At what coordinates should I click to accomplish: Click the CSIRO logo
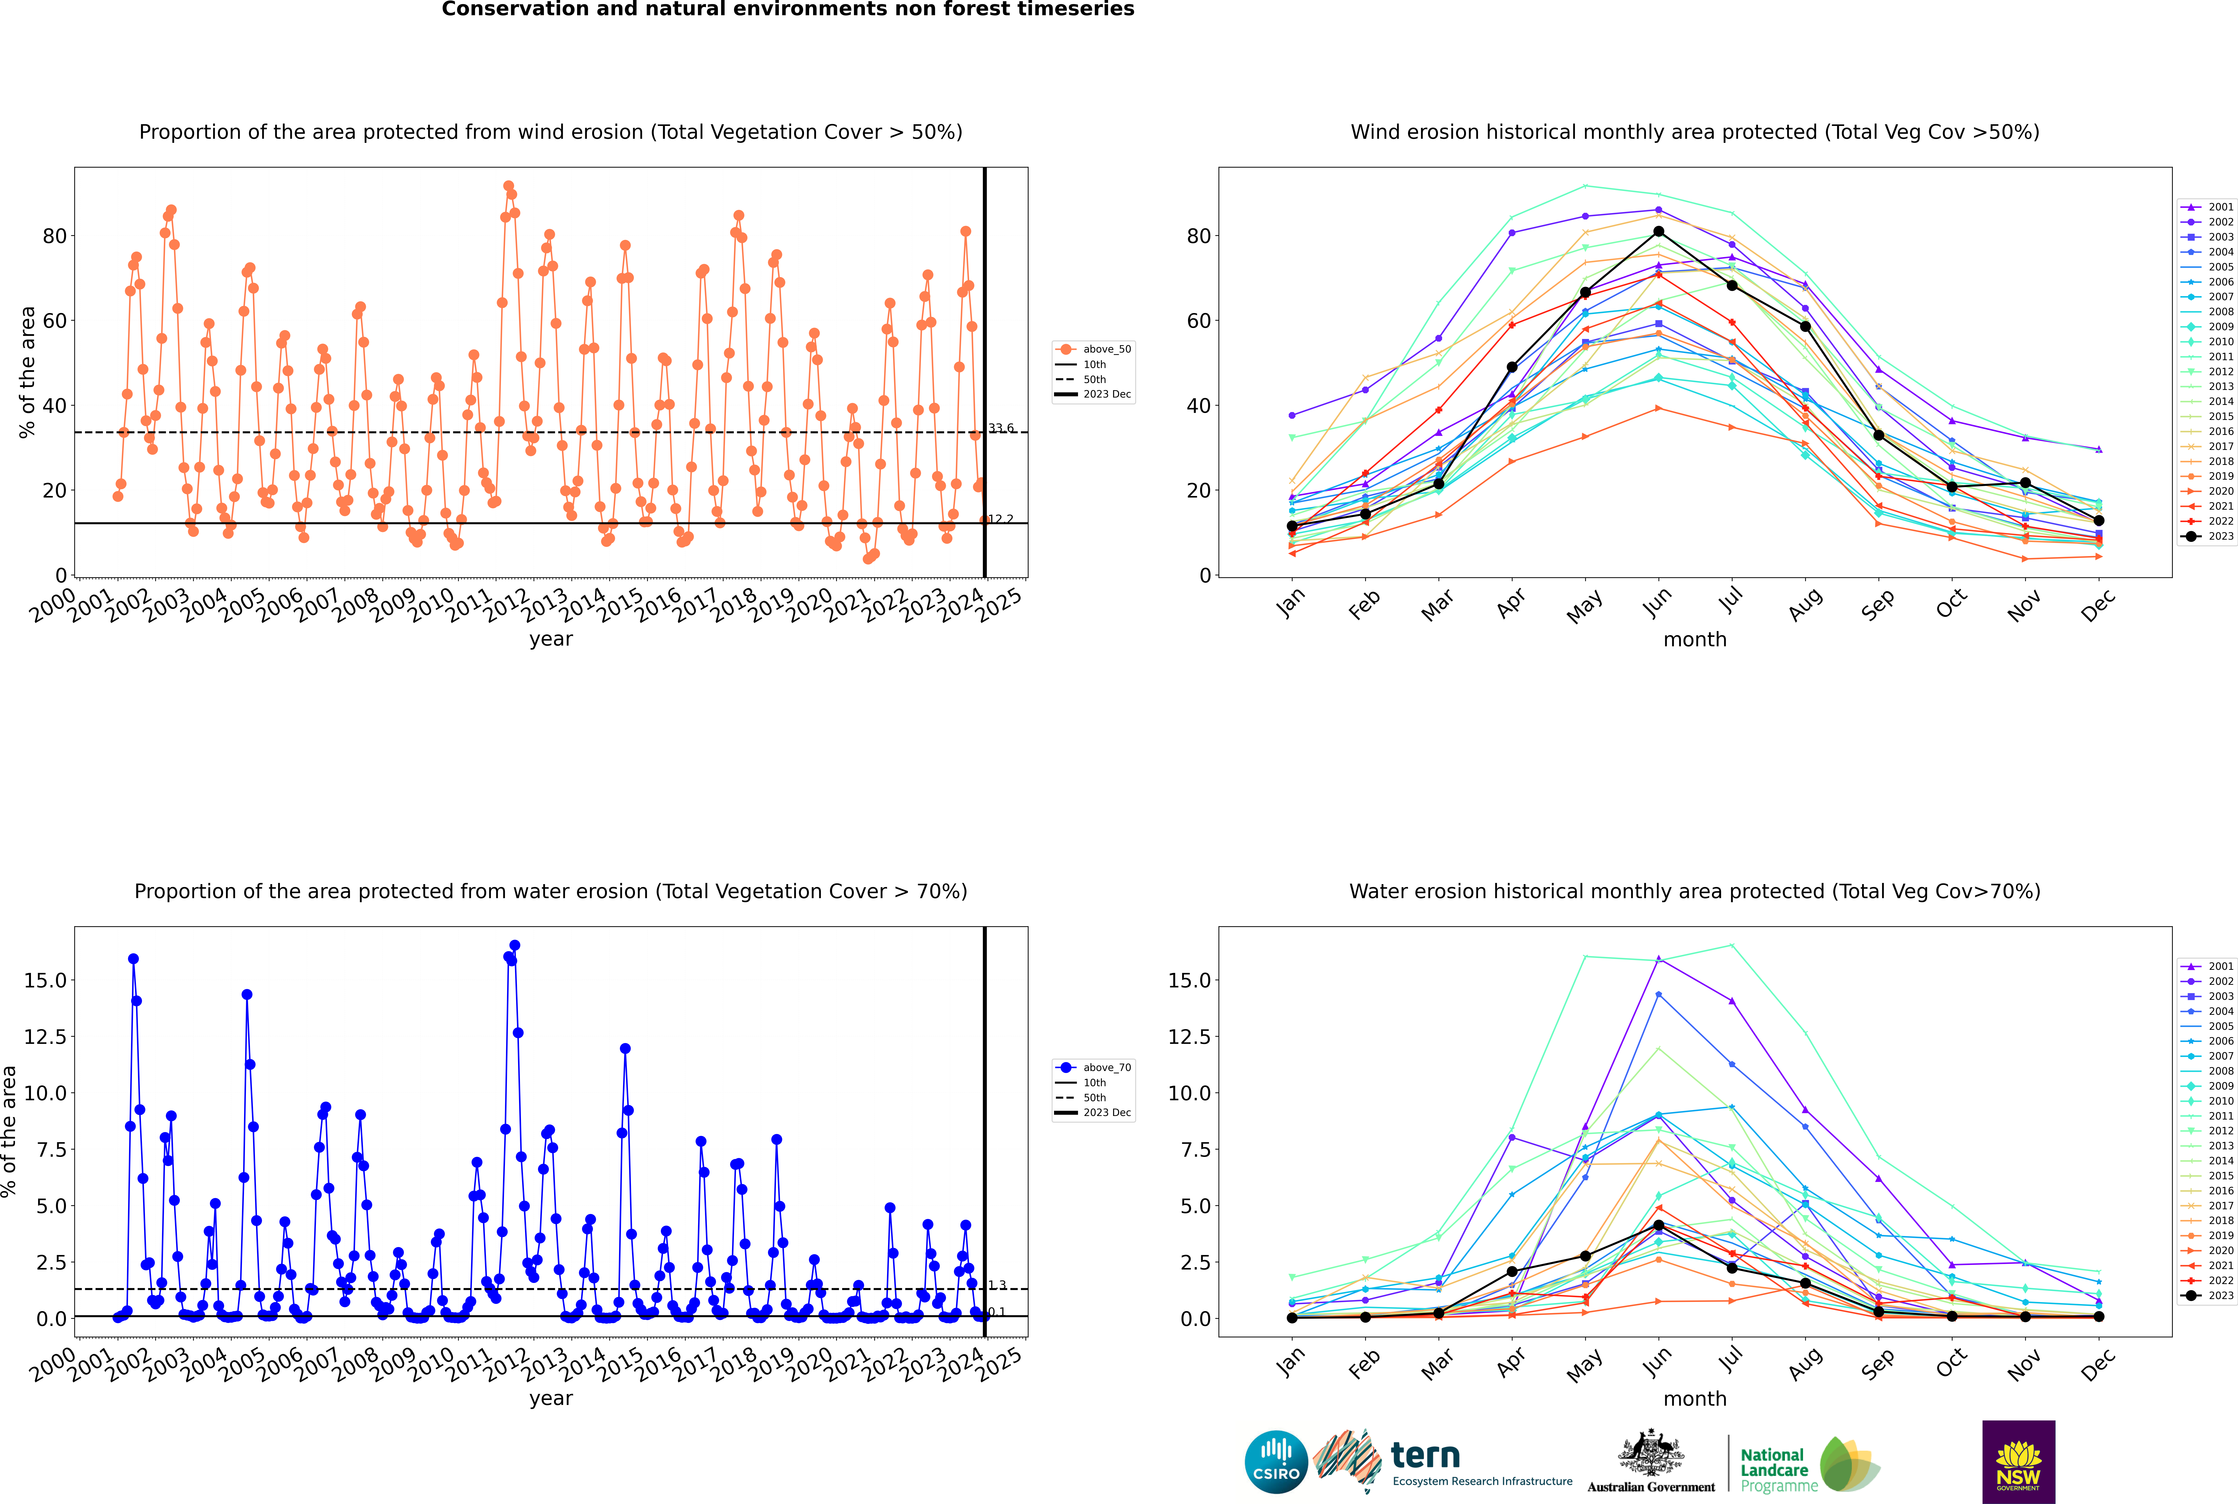tap(1276, 1462)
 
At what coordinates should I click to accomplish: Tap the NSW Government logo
tap(2018, 1462)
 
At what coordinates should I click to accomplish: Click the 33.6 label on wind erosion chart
tap(1000, 429)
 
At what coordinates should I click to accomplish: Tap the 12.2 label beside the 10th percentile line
tap(1000, 519)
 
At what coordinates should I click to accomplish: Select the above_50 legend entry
tap(1094, 349)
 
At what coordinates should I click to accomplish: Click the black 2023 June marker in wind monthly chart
tap(1659, 231)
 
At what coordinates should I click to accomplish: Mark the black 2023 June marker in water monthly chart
tap(1659, 1226)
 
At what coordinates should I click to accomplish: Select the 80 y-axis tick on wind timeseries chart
tap(55, 236)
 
